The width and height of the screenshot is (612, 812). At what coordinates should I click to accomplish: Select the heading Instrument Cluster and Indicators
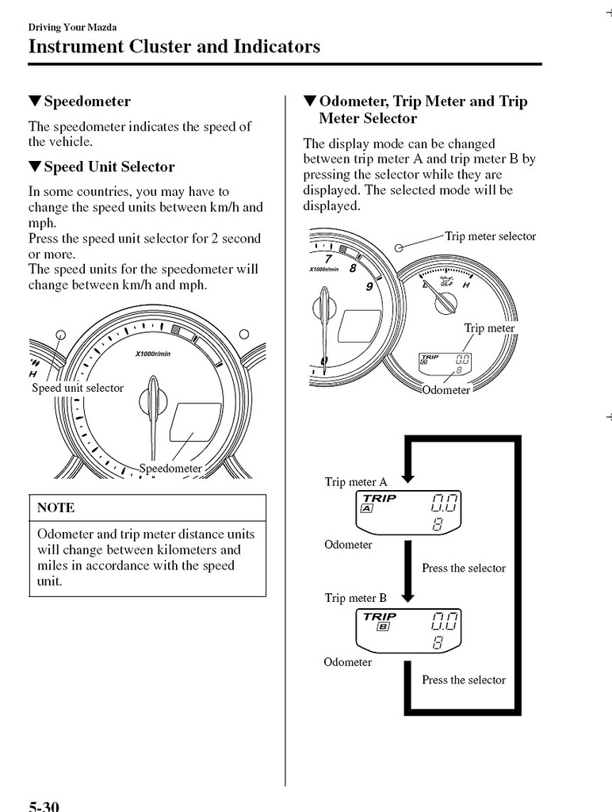[x=174, y=46]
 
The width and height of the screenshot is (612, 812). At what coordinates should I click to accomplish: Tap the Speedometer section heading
[x=87, y=101]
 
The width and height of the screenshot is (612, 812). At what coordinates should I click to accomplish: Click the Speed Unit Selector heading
[x=109, y=167]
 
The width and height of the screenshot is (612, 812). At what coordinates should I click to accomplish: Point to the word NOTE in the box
[x=55, y=507]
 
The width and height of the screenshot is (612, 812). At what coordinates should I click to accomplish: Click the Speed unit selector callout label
[x=78, y=388]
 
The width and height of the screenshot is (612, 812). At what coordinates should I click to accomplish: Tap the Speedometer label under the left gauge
[x=170, y=468]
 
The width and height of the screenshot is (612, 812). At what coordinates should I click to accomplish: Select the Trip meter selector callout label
[x=490, y=236]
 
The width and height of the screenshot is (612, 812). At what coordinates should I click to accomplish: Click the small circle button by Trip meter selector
[x=400, y=247]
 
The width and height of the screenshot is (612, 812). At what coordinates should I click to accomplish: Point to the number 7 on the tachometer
[x=328, y=256]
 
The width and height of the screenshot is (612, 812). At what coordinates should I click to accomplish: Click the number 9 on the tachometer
[x=369, y=286]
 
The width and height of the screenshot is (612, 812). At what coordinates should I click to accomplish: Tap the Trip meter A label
[x=356, y=481]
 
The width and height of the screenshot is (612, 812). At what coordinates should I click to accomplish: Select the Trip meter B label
[x=356, y=598]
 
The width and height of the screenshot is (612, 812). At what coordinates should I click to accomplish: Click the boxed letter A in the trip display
[x=367, y=509]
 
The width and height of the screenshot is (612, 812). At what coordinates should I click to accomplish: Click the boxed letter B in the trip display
[x=383, y=626]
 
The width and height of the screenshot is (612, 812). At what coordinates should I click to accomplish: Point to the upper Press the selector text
[x=464, y=568]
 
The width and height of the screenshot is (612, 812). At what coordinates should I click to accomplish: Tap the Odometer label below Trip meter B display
[x=347, y=661]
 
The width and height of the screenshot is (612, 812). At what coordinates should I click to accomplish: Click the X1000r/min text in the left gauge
[x=154, y=353]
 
